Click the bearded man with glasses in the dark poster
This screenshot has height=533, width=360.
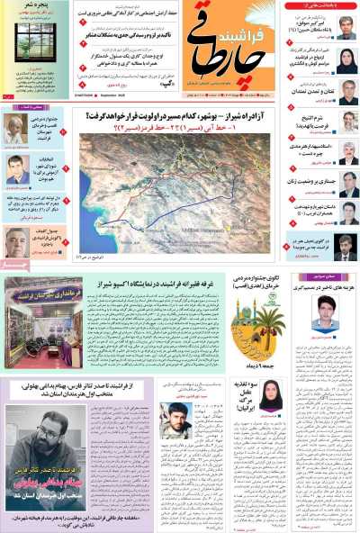coord(36,429)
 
